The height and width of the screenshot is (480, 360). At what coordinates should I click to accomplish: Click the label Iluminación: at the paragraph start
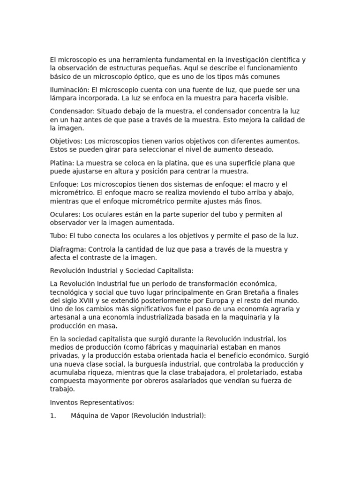click(69, 90)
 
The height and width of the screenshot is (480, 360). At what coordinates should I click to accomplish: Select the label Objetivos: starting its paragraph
click(66, 141)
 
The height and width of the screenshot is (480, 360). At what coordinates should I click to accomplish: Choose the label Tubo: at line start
click(59, 236)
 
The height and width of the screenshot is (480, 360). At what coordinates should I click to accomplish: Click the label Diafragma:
click(68, 249)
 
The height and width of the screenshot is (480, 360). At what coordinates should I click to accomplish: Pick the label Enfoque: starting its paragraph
click(64, 185)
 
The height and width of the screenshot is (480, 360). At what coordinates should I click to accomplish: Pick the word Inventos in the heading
click(65, 403)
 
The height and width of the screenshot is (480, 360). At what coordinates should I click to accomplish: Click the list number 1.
click(53, 416)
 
